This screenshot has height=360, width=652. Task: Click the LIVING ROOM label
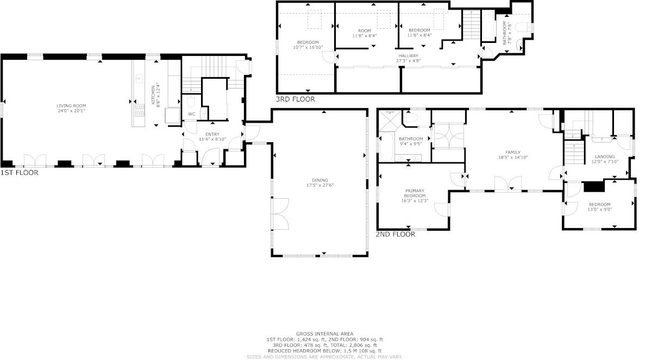(71, 106)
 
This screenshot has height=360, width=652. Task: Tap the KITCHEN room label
(153, 95)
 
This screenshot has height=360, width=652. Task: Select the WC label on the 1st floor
(191, 114)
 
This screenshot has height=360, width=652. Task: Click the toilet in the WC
(191, 101)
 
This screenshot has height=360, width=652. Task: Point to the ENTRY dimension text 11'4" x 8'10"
(212, 140)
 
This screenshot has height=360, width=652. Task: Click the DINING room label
(320, 180)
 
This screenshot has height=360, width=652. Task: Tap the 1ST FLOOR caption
(19, 173)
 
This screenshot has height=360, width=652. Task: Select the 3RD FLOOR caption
(296, 99)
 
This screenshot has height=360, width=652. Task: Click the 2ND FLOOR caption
(396, 235)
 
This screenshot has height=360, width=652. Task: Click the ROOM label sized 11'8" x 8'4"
(365, 31)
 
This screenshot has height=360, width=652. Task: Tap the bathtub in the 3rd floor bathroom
(488, 26)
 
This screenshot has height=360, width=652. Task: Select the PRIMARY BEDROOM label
(415, 193)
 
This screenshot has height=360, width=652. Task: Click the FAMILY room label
(513, 153)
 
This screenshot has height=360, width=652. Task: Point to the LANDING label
(605, 156)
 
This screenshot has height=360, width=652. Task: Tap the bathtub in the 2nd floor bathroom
(386, 147)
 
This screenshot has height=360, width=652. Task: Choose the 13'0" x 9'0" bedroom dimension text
(600, 209)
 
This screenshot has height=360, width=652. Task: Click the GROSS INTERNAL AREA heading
(324, 334)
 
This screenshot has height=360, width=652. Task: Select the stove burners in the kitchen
(140, 110)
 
